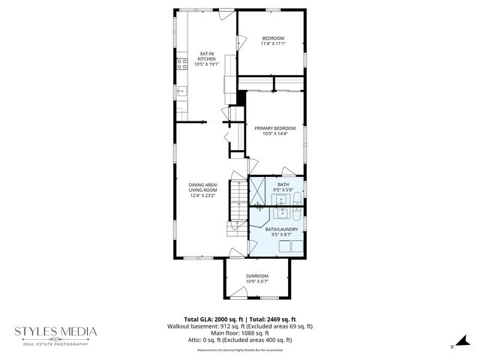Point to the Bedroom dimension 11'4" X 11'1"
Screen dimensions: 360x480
tap(273, 43)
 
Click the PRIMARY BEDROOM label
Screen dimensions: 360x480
tap(274, 128)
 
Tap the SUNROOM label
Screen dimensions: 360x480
tap(257, 276)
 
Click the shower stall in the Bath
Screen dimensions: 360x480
tap(258, 188)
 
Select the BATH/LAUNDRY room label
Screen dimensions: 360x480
tap(283, 229)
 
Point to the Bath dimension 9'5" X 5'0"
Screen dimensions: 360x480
tap(283, 190)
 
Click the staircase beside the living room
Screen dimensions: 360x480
tap(236, 210)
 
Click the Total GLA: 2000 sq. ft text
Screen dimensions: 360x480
tap(211, 319)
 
